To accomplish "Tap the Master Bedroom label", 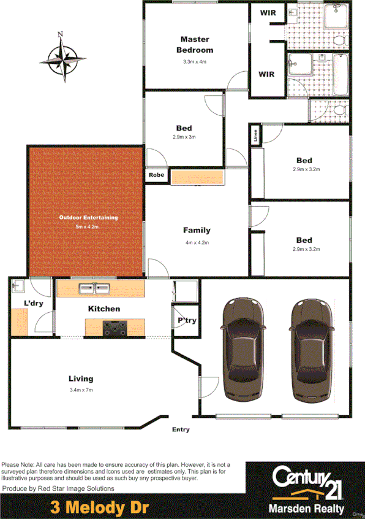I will (195, 45).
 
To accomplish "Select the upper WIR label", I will (267, 12).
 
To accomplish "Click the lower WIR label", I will (267, 74).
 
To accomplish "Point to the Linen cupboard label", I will (255, 134).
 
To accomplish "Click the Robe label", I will (157, 175).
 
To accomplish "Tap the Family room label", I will (197, 231).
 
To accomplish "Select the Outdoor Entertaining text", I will (88, 218).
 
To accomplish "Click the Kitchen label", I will (104, 309).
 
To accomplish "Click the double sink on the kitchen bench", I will (94, 288).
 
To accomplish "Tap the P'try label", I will (186, 321).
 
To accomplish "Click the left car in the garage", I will (244, 348).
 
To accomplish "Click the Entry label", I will (181, 429).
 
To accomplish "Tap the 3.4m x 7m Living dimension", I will (81, 390).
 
